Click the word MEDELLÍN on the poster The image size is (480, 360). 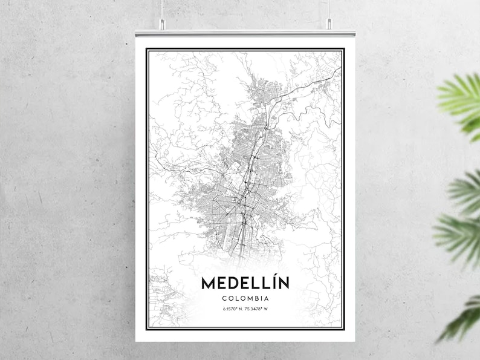[245, 283]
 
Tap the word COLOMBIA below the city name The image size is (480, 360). [245, 298]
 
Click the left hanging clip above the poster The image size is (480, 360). [162, 24]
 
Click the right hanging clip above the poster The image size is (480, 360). [329, 24]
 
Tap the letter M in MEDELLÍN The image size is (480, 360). [207, 283]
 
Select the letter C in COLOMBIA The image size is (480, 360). [225, 298]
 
